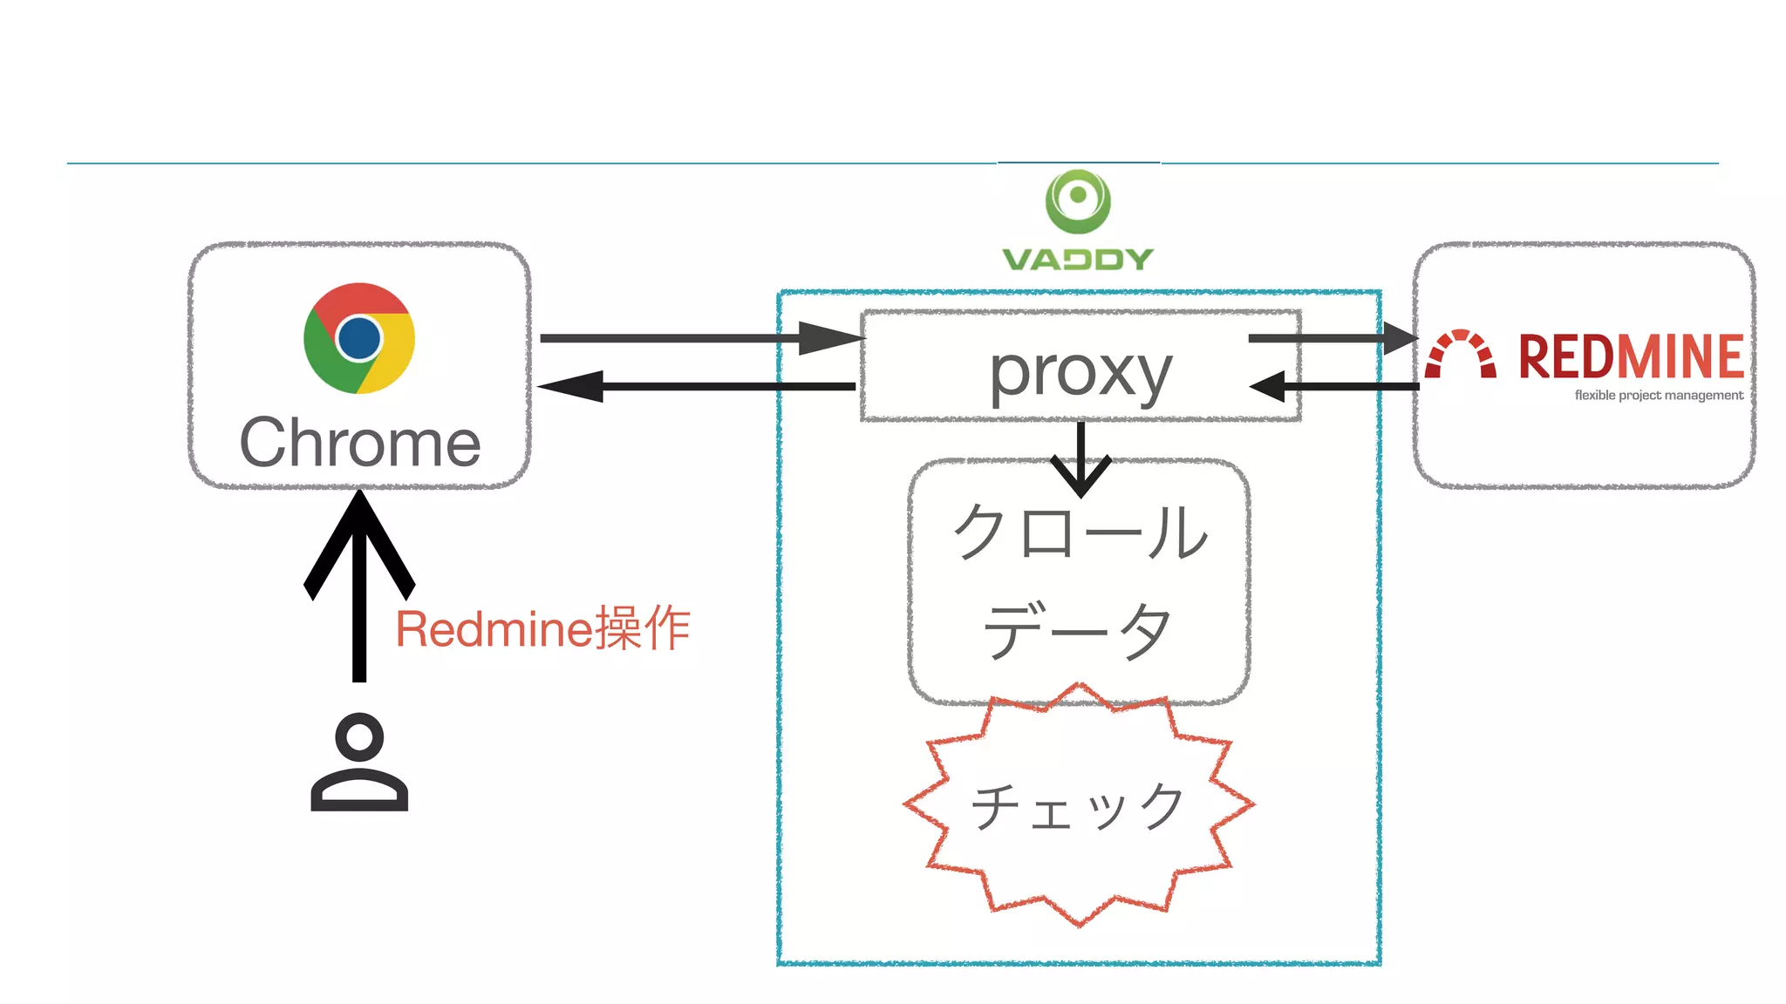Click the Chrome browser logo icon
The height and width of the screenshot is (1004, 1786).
pos(359,338)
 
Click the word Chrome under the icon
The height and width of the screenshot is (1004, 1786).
pos(359,443)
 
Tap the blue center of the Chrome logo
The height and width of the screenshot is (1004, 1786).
pos(359,338)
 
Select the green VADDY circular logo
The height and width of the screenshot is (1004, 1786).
pos(1078,201)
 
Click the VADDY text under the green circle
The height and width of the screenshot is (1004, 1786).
pos(1078,259)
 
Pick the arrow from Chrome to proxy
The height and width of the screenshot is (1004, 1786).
pos(698,338)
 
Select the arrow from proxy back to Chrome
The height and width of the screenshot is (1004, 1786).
pos(698,386)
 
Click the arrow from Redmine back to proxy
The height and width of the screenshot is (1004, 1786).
pos(1334,386)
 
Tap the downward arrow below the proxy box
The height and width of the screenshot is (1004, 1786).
pos(1080,462)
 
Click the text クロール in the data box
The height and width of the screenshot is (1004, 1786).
pos(1080,533)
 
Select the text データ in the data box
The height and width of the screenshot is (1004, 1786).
pos(1078,630)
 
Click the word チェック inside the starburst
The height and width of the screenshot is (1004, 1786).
pos(1078,806)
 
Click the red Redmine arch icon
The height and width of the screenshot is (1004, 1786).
pos(1461,355)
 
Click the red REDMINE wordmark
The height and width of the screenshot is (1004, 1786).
pos(1630,356)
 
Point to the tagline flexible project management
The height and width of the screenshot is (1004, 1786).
pos(1658,396)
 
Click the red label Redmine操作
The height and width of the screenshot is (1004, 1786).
pos(542,628)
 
